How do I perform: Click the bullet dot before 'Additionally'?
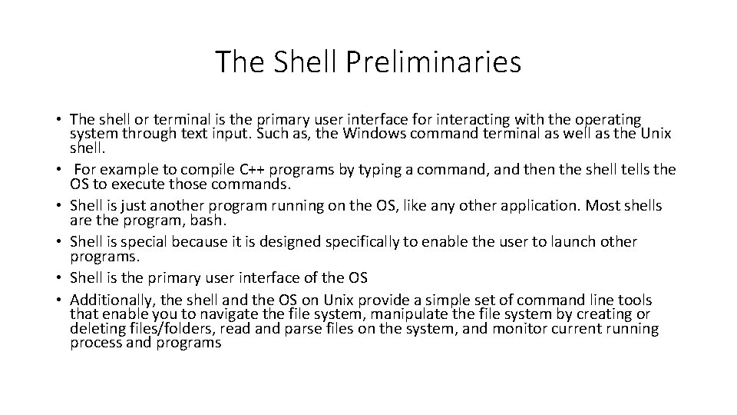[x=59, y=300]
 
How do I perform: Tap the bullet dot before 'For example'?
[x=59, y=170]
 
